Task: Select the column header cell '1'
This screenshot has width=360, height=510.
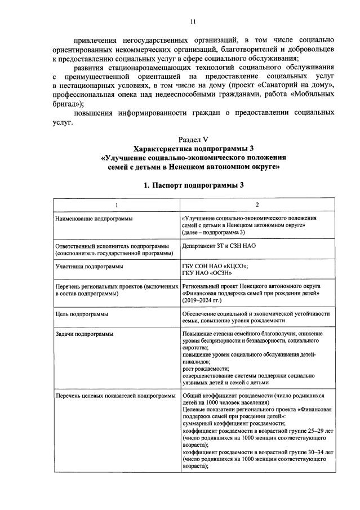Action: [117, 204]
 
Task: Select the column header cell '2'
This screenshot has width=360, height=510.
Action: [257, 204]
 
